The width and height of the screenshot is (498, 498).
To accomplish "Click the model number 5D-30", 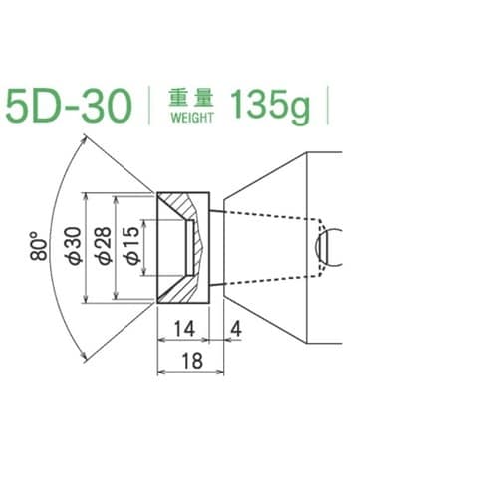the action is [x=69, y=107].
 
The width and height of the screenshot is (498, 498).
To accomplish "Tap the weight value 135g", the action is [x=270, y=106].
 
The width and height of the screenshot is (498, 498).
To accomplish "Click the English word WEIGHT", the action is [x=192, y=118].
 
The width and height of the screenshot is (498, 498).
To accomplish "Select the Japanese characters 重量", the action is [x=191, y=98].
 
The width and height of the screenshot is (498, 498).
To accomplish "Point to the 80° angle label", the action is [x=39, y=246].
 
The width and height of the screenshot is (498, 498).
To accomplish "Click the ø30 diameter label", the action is [x=74, y=246].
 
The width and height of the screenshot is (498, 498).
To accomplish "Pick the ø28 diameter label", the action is [x=103, y=246].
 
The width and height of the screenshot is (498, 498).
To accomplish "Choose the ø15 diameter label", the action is [x=132, y=246].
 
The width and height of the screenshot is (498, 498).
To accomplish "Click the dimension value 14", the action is [x=184, y=329].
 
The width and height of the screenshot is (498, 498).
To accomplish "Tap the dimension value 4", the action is [x=235, y=329].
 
